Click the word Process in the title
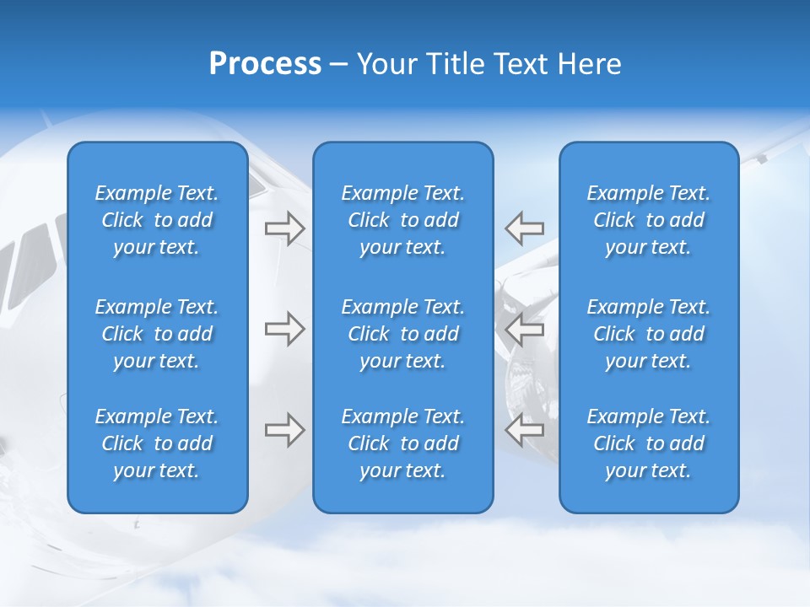coord(265,64)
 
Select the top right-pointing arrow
coord(284,228)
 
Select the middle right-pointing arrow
coord(284,329)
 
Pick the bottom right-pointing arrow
coord(284,430)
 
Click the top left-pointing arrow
coord(524,228)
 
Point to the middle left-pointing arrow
coord(524,329)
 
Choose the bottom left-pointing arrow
coord(524,430)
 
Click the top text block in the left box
coord(157,220)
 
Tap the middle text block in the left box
coord(157,334)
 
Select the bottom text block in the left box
coord(157,443)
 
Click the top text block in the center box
coord(403,220)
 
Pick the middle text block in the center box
coord(403,334)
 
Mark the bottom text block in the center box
coord(403,443)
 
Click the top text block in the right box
coord(649,220)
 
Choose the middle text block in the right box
coord(649,334)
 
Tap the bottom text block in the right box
coord(649,443)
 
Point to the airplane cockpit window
coord(34,253)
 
